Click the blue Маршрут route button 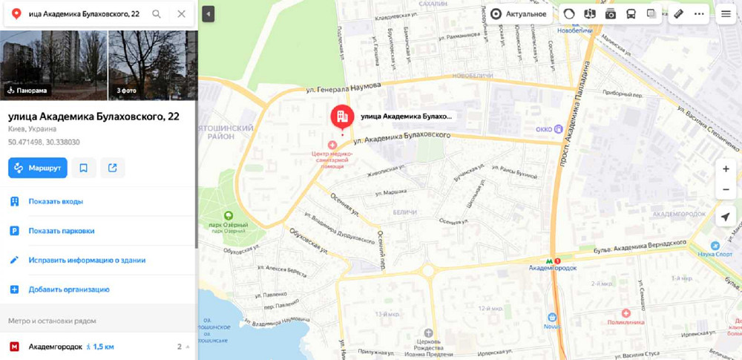[38, 168]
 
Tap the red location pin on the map [342, 117]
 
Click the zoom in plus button [726, 169]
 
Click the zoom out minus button [726, 190]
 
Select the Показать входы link [56, 201]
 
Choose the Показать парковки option [62, 231]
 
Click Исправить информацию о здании [87, 261]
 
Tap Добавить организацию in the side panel [69, 289]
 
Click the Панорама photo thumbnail [53, 65]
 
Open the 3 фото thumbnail [152, 65]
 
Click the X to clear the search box [182, 14]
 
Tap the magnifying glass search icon [157, 14]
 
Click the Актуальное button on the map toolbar [519, 14]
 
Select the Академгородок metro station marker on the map [551, 261]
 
